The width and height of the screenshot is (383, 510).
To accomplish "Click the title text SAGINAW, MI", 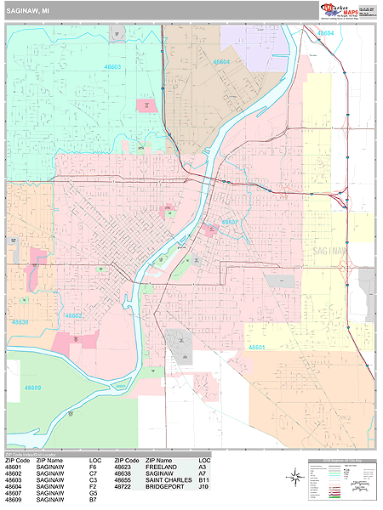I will (28, 12).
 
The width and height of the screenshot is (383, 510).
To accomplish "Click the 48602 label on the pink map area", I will (74, 315).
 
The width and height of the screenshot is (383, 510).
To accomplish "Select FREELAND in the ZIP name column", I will (162, 467).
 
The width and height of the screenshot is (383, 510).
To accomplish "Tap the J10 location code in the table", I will (203, 487).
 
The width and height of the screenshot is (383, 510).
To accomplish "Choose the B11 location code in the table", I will (203, 480).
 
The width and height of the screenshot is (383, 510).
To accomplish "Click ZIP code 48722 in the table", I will (123, 487).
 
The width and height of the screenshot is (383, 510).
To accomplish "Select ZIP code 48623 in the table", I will (123, 467).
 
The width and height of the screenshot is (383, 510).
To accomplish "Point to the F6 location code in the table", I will (93, 467).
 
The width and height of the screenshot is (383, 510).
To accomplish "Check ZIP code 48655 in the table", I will (123, 480).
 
